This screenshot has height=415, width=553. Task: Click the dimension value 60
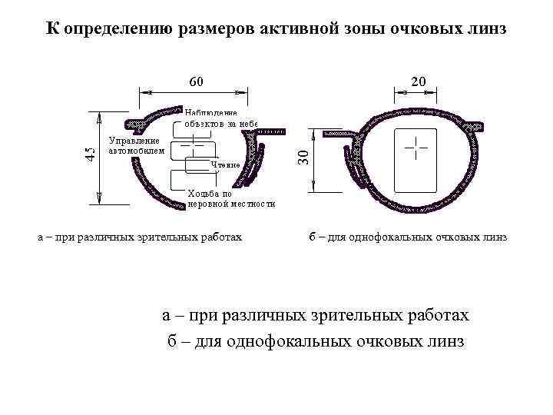(197, 80)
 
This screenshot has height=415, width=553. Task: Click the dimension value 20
(419, 80)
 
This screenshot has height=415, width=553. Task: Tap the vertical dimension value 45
(91, 153)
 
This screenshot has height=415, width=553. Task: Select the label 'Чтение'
(226, 164)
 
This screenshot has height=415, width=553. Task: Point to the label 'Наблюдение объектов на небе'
(220, 118)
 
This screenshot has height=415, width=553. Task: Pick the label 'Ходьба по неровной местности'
(230, 199)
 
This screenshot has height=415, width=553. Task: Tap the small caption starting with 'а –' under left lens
(140, 237)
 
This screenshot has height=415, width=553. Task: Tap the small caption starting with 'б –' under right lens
(408, 237)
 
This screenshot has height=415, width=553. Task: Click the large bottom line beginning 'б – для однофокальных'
(316, 341)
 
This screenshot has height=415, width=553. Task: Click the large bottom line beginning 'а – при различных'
(316, 316)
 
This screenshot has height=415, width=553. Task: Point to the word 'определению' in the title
(117, 30)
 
